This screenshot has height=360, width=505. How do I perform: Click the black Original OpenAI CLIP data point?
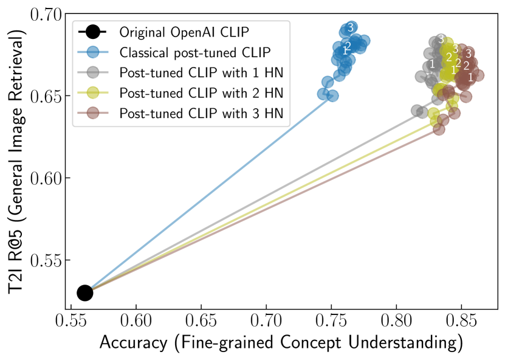tap(84, 292)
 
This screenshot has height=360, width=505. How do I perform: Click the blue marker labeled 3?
tap(350, 28)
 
